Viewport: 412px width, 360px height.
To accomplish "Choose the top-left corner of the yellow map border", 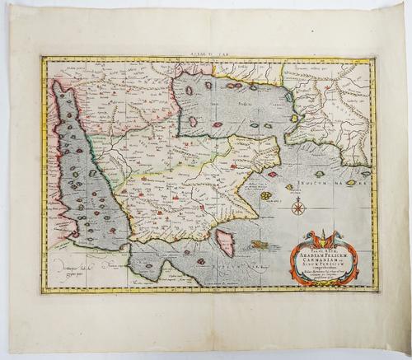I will pyautogui.click(x=41, y=57).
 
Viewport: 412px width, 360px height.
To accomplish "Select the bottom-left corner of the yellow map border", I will pyautogui.click(x=42, y=294).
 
